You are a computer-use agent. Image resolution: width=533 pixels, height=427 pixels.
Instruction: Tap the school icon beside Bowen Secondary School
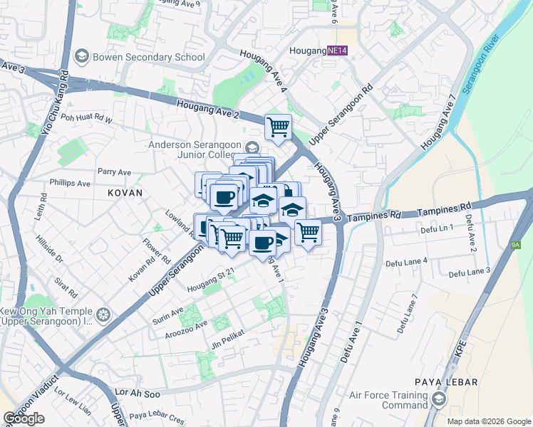[82, 56]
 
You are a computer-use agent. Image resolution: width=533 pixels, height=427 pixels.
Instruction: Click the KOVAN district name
[125, 193]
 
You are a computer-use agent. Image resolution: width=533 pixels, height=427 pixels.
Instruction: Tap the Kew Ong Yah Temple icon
[104, 314]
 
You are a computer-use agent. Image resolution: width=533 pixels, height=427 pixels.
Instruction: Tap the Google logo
[24, 418]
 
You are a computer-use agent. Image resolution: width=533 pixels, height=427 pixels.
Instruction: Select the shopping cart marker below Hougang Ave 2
[278, 127]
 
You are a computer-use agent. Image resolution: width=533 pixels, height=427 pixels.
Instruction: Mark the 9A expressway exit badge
[516, 244]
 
